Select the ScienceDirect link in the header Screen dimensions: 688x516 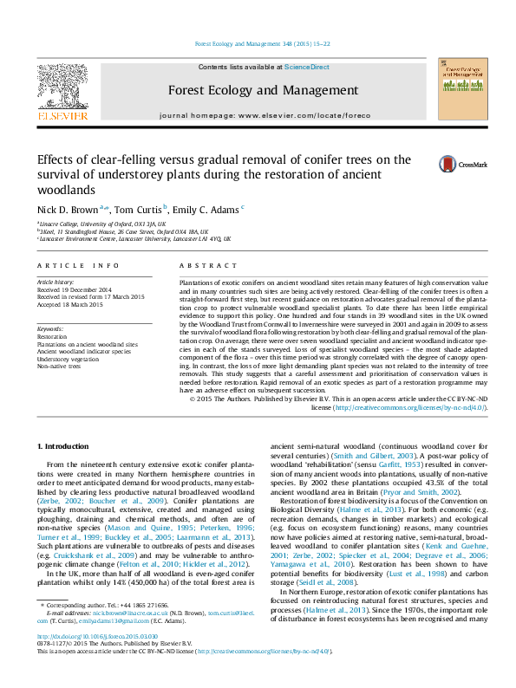click(x=306, y=67)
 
